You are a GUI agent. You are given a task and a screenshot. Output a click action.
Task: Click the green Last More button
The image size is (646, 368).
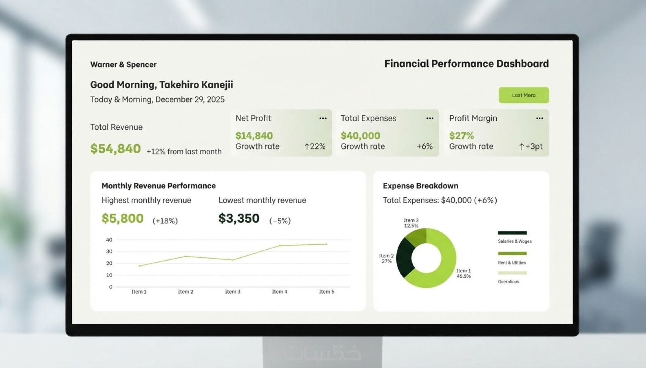click(524, 95)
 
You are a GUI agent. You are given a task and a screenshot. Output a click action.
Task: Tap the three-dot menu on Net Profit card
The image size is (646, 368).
click(323, 118)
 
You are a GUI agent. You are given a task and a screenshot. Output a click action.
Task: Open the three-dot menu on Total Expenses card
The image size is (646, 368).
click(430, 118)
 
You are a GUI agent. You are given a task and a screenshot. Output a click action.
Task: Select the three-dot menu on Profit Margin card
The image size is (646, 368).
click(540, 118)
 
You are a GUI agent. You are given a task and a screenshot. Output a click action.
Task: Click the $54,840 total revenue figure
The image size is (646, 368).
click(116, 149)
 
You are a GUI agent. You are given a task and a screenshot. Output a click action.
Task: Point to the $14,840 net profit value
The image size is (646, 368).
click(254, 135)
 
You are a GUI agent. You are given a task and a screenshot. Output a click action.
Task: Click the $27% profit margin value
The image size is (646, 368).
click(461, 135)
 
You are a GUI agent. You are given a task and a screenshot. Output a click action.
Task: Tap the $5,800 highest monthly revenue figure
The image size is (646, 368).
click(123, 219)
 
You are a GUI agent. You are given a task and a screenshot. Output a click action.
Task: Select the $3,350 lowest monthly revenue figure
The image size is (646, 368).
click(239, 219)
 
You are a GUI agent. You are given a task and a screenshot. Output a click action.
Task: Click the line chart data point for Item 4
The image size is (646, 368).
click(280, 245)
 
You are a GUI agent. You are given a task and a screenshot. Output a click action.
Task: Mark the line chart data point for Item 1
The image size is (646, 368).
click(139, 266)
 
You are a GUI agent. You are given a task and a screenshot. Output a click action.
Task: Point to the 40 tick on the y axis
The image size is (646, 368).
click(109, 240)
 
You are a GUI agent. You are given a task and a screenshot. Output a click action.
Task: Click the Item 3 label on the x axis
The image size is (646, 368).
click(233, 292)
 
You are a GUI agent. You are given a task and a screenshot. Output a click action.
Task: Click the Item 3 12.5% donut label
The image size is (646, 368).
click(411, 223)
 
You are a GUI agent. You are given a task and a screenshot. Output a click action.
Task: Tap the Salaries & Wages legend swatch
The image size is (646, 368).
click(512, 233)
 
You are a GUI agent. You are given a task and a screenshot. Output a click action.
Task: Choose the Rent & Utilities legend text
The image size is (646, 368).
click(512, 263)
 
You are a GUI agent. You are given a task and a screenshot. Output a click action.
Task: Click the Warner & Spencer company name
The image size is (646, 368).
click(123, 64)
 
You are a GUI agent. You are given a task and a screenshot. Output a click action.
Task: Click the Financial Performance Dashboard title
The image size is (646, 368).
click(467, 64)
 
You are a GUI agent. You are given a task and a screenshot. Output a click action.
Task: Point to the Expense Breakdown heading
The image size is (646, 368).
click(421, 186)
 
